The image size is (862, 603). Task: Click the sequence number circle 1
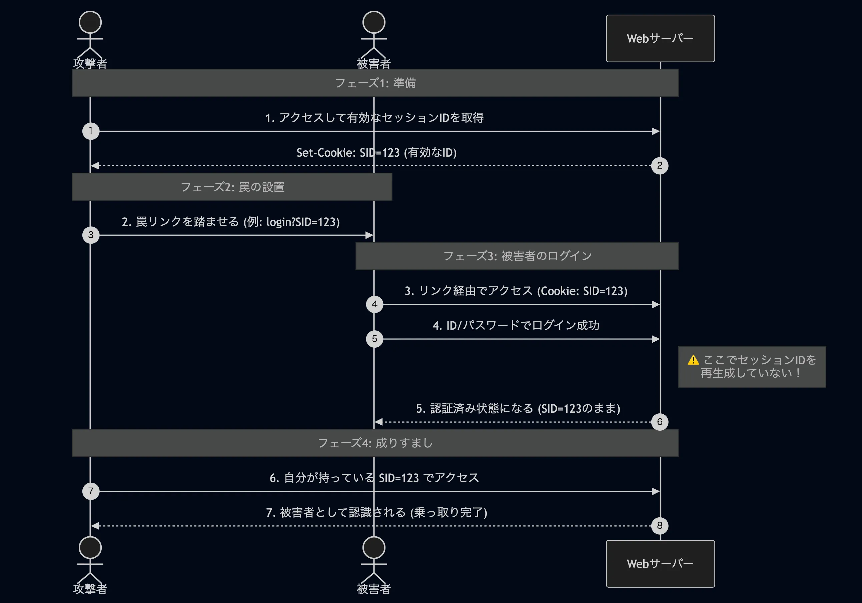[x=91, y=131]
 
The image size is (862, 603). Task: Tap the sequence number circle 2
[x=660, y=165]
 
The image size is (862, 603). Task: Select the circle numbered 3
[x=91, y=235]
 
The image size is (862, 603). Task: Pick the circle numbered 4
[x=374, y=304]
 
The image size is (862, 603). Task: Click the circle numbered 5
[x=374, y=339]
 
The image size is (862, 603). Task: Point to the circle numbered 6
[x=660, y=422]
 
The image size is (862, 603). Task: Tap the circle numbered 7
[x=91, y=491]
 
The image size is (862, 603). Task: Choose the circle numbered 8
[x=660, y=526]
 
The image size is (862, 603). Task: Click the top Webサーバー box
[x=660, y=39]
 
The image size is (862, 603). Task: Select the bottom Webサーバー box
[x=660, y=564]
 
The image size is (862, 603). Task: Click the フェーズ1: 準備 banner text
[x=375, y=83]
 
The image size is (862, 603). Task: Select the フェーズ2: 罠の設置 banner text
[x=232, y=187]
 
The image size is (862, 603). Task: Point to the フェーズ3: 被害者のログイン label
[x=517, y=256]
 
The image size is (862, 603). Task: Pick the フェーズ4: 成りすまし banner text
[x=375, y=443]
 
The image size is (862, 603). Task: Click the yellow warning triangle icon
[x=693, y=360]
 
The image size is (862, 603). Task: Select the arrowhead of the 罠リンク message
[x=369, y=235]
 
